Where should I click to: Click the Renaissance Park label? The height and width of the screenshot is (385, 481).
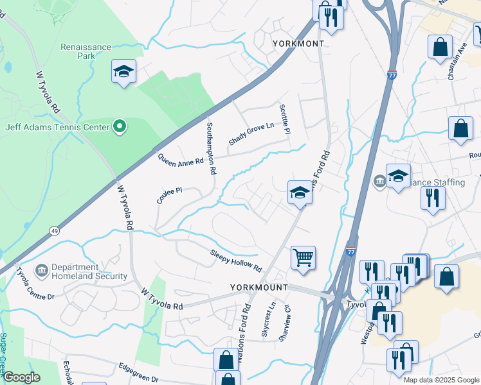point(86,51)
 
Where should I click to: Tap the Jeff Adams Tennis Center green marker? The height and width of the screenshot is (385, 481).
point(119,127)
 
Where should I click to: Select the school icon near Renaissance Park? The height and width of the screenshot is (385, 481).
point(123,71)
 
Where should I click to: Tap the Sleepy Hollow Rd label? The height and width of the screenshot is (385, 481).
point(236,260)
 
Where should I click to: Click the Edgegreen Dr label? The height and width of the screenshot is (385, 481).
point(138,372)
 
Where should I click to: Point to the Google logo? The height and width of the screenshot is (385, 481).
point(21,377)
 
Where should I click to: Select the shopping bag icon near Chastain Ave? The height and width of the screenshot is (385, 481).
point(440,47)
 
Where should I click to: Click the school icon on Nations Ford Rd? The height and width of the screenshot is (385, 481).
point(299,192)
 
